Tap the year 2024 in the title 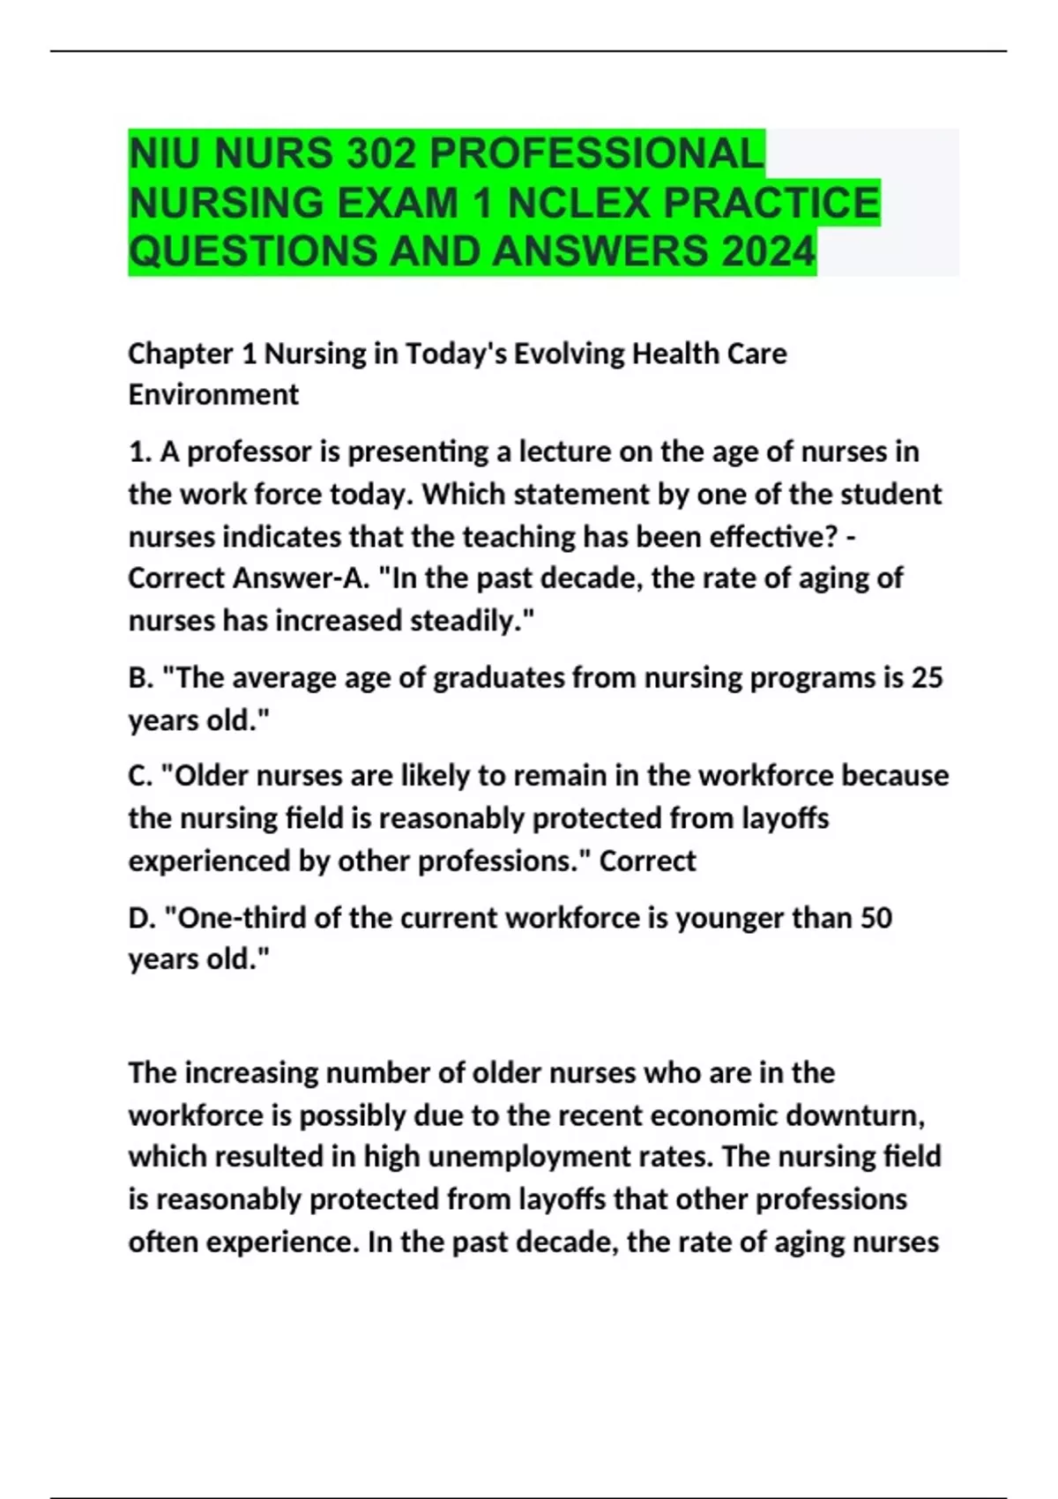pos(768,251)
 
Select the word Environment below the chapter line pos(213,394)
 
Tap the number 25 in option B pos(927,677)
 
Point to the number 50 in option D pos(875,918)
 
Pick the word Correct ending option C pos(647,861)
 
